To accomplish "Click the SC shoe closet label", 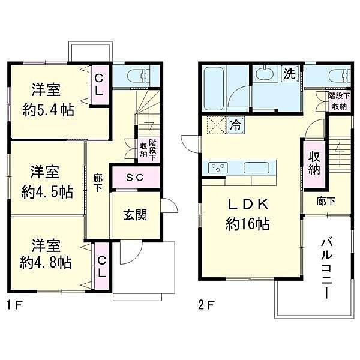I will pyautogui.click(x=134, y=177).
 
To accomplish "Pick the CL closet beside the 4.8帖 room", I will pyautogui.click(x=102, y=265).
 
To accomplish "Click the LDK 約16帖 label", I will pyautogui.click(x=247, y=213).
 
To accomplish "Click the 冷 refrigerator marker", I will pyautogui.click(x=235, y=127).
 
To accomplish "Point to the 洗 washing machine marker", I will pyautogui.click(x=289, y=74).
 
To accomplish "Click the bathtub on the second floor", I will pyautogui.click(x=214, y=88).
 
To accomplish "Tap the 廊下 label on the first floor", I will pyautogui.click(x=97, y=182).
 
